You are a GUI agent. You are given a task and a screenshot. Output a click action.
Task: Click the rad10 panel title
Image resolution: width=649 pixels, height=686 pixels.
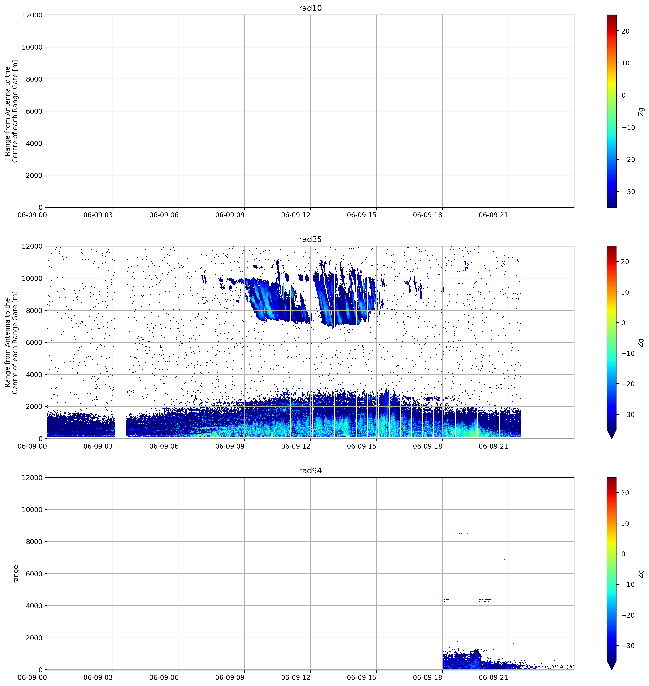click(310, 8)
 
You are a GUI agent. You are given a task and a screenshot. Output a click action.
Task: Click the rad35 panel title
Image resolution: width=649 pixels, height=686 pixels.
click(310, 239)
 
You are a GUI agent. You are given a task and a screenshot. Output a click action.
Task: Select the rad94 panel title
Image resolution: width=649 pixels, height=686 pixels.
click(310, 471)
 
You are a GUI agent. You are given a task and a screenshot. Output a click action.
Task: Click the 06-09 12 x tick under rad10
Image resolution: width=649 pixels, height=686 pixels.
click(295, 215)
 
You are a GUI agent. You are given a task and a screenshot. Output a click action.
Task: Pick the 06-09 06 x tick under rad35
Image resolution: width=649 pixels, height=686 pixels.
click(164, 446)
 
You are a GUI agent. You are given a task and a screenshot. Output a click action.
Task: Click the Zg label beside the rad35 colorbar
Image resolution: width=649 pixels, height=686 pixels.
click(641, 343)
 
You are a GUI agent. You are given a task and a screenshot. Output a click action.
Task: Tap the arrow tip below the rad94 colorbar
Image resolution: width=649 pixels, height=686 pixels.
click(612, 669)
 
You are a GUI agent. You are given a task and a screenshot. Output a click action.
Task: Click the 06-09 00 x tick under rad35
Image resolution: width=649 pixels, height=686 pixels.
click(32, 446)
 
